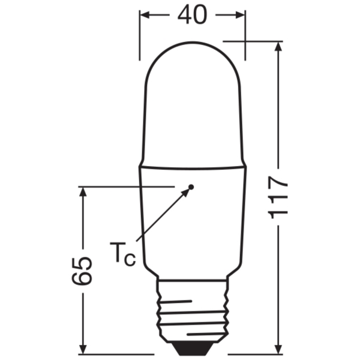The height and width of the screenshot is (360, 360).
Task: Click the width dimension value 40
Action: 193,14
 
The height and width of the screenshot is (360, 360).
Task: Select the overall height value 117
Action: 278,197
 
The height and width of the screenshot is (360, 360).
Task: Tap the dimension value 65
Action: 82,271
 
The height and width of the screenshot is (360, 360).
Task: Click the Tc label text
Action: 123,254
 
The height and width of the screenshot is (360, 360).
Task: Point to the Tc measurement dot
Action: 191,187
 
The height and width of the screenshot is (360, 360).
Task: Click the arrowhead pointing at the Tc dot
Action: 185,193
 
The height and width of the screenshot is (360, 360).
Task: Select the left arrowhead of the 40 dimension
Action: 145,15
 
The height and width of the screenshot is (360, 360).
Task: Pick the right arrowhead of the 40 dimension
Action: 241,15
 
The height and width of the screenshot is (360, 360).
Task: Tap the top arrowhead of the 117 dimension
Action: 278,47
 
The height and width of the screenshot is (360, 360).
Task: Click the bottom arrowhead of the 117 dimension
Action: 278,349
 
